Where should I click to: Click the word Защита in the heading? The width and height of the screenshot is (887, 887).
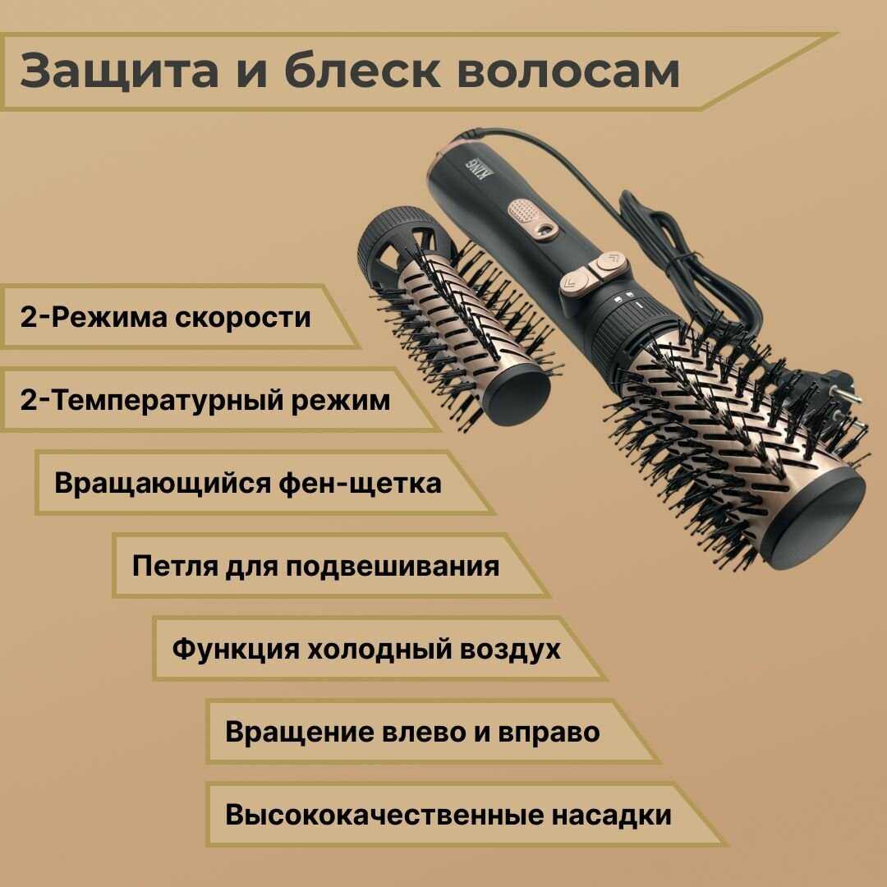tap(119, 71)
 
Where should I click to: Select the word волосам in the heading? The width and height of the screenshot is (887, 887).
tap(568, 71)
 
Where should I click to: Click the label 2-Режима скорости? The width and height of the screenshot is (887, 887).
tap(166, 317)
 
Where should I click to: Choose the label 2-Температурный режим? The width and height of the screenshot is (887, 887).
tap(205, 400)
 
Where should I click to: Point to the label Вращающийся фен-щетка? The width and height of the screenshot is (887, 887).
tap(248, 484)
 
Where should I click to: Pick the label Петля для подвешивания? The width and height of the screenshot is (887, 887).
tap(315, 566)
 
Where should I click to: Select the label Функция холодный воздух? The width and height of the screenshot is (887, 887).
tap(366, 649)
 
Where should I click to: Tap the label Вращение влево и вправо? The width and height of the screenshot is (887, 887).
tap(412, 732)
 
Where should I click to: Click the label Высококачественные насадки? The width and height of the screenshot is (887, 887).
tap(448, 816)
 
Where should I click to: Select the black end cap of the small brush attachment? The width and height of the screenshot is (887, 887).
tap(516, 393)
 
